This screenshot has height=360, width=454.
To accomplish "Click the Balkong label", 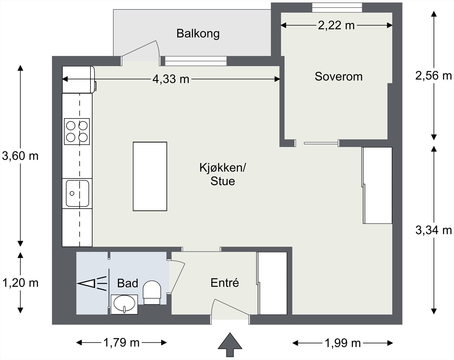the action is pyautogui.click(x=198, y=34).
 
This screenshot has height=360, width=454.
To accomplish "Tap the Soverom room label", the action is pyautogui.click(x=339, y=76).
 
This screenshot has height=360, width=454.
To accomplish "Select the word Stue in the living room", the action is pyautogui.click(x=222, y=181).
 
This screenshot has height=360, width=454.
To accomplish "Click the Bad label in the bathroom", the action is pyautogui.click(x=128, y=283).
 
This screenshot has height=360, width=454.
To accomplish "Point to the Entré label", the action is pyautogui.click(x=225, y=283).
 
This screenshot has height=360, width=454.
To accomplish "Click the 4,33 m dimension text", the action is pyautogui.click(x=171, y=79).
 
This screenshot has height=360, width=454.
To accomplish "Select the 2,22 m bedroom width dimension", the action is pyautogui.click(x=336, y=26).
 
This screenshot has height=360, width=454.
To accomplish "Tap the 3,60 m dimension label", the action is pyautogui.click(x=20, y=156).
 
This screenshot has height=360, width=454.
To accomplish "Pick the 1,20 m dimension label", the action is pyautogui.click(x=20, y=283).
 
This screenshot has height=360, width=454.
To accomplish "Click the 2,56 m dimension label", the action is pyautogui.click(x=434, y=76).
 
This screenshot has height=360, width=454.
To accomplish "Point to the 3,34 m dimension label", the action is pyautogui.click(x=434, y=230).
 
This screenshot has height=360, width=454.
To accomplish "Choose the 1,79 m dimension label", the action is pyautogui.click(x=121, y=343).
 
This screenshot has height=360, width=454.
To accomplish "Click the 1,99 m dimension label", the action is pyautogui.click(x=342, y=343).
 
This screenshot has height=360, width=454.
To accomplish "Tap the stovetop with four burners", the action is pyautogui.click(x=77, y=132).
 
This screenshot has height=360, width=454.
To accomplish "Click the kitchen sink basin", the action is pyautogui.click(x=77, y=194).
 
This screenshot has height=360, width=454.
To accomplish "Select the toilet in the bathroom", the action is pyautogui.click(x=152, y=292).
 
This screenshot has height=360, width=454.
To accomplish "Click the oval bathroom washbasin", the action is pyautogui.click(x=124, y=304).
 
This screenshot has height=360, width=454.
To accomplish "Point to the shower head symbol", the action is pyautogui.click(x=92, y=283).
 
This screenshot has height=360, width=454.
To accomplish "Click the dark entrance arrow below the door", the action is pyautogui.click(x=230, y=345).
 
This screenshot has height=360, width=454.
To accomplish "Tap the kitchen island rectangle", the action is pyautogui.click(x=150, y=176).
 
